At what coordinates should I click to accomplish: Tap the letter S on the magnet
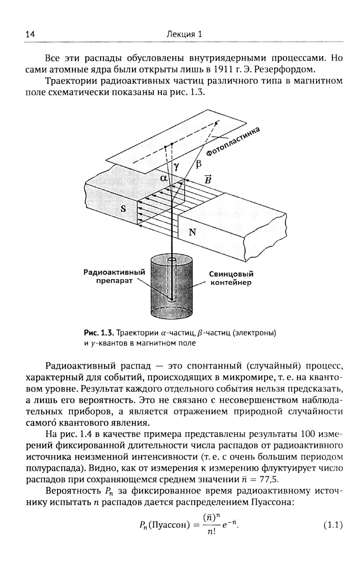[123, 209]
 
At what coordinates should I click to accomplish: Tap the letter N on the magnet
[192, 232]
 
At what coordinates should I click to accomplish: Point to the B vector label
[208, 179]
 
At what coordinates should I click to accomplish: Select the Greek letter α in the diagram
[164, 178]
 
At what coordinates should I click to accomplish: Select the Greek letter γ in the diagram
[176, 166]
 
